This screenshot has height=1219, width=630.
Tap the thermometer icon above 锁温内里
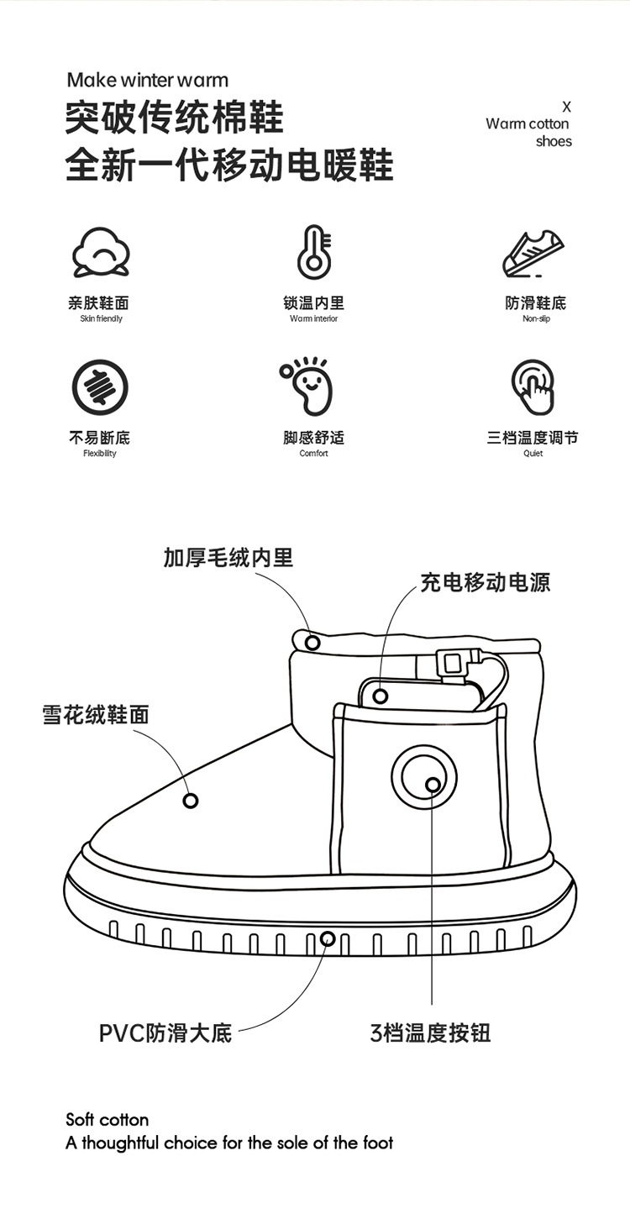point(314,251)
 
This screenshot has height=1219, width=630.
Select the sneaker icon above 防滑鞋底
point(534,251)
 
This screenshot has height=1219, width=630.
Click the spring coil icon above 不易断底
point(100,387)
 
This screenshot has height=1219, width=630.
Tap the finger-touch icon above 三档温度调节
point(533,386)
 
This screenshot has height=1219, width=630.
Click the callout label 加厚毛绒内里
point(228,557)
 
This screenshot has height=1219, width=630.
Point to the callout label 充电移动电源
point(485,581)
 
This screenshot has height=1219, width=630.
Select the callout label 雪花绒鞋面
point(96,714)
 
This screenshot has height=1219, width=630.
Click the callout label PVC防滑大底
point(165,1032)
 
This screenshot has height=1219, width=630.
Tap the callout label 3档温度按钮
point(430,1032)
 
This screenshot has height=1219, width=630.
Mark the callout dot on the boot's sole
point(328,939)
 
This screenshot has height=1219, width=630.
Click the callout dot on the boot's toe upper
point(191,801)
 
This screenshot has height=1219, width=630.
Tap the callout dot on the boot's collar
point(312,643)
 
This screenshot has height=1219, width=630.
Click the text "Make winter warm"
point(147,81)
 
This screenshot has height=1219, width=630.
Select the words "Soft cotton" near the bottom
point(108,1120)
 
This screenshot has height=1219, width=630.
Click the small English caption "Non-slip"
point(536,319)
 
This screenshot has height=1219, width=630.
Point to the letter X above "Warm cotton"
point(566,107)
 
